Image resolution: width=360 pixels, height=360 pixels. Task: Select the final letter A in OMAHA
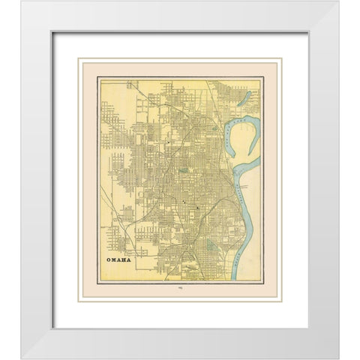tap(127, 260)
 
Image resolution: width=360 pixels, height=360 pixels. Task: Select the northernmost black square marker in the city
tap(170, 139)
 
